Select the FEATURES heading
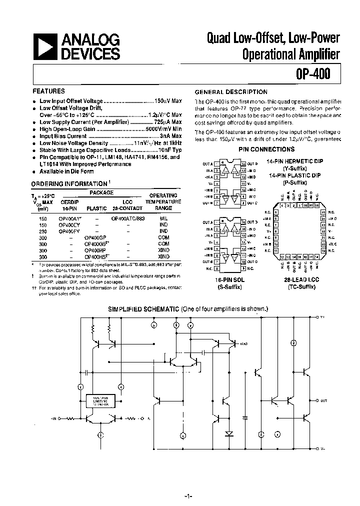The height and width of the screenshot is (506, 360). tap(48, 91)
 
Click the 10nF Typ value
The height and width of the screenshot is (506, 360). tap(169, 150)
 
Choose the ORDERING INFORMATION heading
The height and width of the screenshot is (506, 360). tap(69, 184)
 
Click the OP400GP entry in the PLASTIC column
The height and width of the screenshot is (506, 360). tap(95, 238)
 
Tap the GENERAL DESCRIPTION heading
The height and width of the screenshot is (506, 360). tap(231, 92)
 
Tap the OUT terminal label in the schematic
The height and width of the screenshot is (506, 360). tap(324, 401)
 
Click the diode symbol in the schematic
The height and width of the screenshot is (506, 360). tap(229, 433)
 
